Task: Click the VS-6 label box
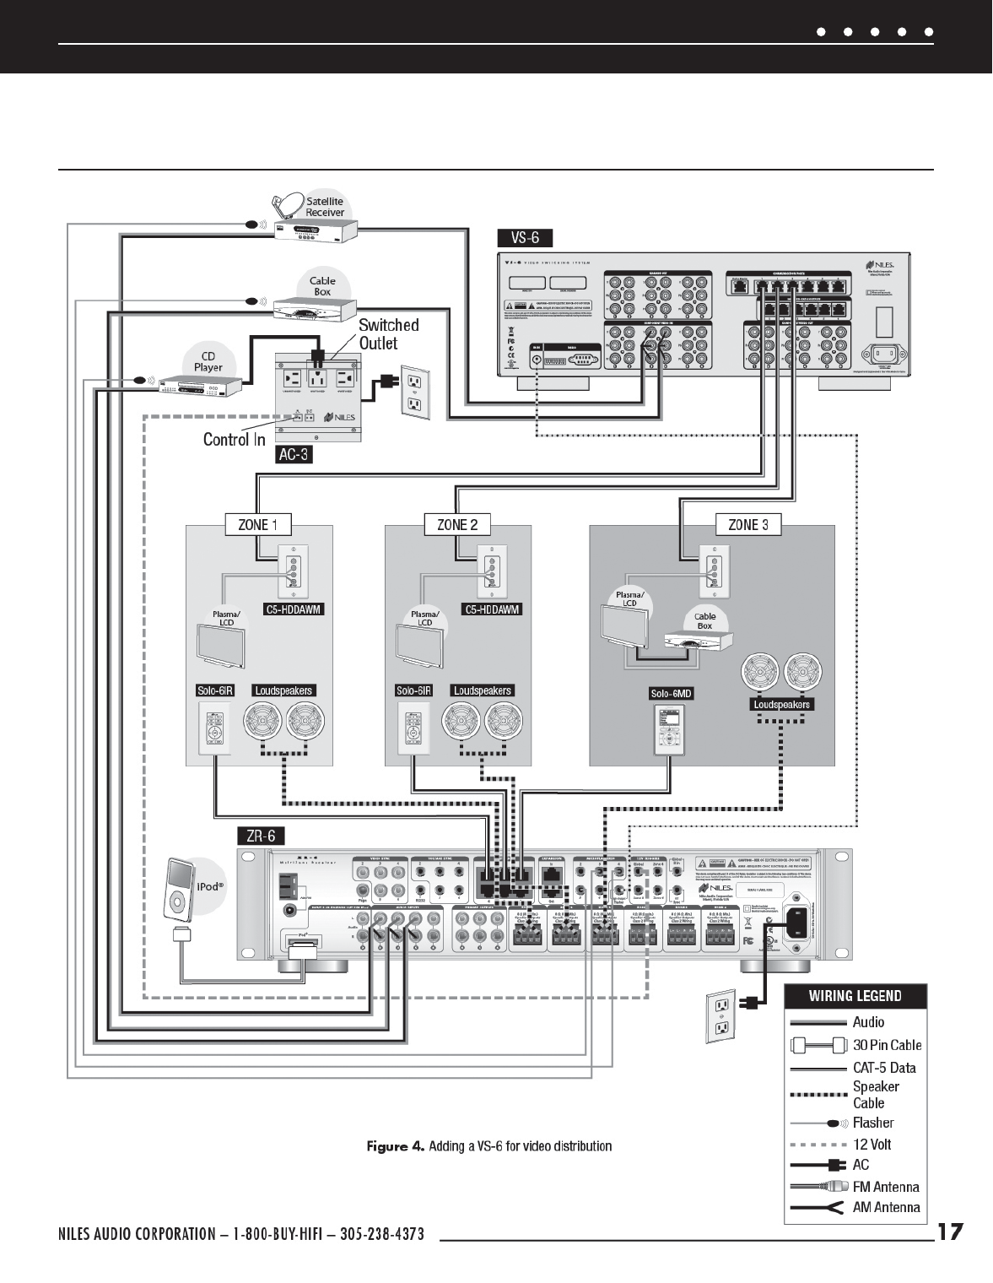click(525, 237)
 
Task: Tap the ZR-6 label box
click(260, 836)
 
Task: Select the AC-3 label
click(294, 455)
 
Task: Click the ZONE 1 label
click(257, 524)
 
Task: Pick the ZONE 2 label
click(457, 524)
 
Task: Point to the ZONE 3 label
click(747, 524)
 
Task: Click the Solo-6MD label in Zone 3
click(671, 694)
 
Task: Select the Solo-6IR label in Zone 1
click(214, 690)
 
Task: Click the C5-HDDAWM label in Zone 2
click(492, 609)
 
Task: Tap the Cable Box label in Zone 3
click(704, 620)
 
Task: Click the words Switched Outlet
click(388, 334)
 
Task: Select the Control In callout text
click(234, 439)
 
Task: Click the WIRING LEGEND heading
click(855, 996)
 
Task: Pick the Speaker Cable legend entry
click(875, 1095)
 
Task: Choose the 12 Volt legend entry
click(872, 1145)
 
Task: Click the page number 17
click(950, 1232)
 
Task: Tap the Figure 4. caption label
click(395, 1145)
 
